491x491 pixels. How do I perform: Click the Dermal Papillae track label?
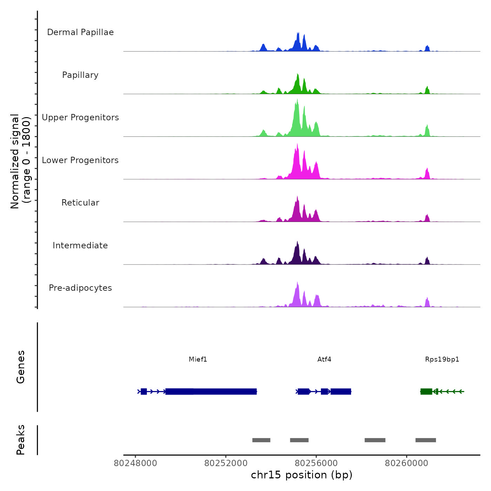[80, 32]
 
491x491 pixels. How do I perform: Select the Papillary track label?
[80, 75]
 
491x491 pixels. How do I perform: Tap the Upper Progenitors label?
[80, 117]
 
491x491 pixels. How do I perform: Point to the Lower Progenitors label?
[80, 160]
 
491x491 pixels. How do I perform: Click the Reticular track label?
[80, 203]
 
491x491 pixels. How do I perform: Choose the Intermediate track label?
[80, 245]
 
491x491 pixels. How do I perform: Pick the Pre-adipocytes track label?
[80, 288]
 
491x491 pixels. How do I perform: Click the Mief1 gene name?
[198, 359]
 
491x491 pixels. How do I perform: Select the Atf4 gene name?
[324, 359]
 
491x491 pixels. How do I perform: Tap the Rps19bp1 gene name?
[442, 359]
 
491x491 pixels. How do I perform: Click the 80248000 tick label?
[135, 463]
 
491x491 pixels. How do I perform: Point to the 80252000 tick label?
[226, 463]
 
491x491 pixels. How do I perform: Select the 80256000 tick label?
[316, 463]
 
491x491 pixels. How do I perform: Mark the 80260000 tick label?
[406, 463]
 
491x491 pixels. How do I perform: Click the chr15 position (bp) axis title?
[302, 475]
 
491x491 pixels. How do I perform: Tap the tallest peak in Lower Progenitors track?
[297, 144]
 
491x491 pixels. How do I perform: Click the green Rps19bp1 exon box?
[426, 391]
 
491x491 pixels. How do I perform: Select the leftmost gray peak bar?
[261, 440]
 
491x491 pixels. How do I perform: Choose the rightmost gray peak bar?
[426, 440]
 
